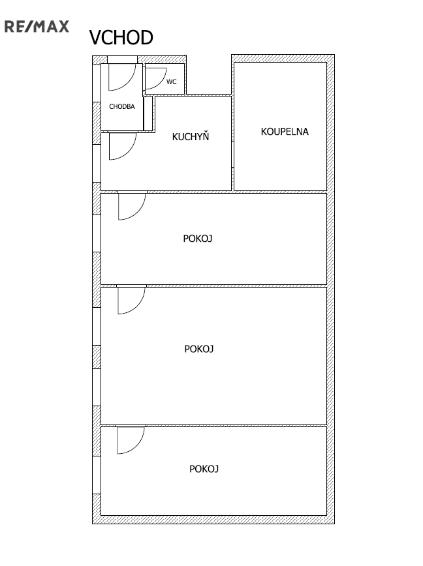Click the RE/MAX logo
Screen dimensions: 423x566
click(x=37, y=27)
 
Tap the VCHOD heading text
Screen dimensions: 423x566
click(x=121, y=38)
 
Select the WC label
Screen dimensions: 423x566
click(x=171, y=82)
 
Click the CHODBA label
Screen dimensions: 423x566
click(x=121, y=106)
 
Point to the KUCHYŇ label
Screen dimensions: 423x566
click(x=191, y=136)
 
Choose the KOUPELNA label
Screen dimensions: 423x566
click(x=285, y=132)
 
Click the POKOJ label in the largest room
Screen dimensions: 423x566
click(x=198, y=349)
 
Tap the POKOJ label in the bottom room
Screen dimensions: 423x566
click(x=204, y=469)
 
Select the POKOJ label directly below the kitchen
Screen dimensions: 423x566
click(x=197, y=239)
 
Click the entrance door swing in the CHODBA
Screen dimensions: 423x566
click(x=129, y=83)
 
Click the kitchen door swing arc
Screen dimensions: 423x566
click(x=129, y=153)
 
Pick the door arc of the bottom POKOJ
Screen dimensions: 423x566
click(x=138, y=447)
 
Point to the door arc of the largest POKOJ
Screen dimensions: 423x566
click(x=138, y=307)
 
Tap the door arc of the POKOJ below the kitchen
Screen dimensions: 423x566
click(x=139, y=213)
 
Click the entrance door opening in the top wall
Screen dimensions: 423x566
click(x=122, y=59)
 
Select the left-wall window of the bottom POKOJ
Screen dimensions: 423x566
click(x=97, y=475)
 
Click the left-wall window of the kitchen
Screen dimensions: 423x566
click(x=97, y=163)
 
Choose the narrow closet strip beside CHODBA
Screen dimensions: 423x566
click(x=148, y=113)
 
